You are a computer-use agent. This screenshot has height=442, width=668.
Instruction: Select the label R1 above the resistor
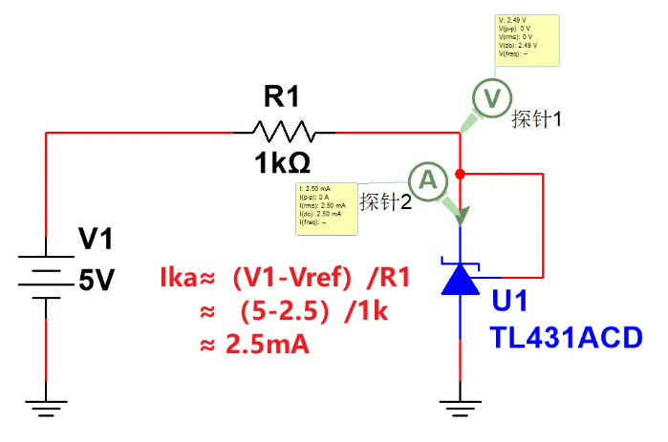[x=282, y=96]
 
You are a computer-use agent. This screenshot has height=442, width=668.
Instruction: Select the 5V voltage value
[x=97, y=282]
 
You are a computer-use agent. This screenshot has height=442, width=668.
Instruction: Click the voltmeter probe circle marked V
[x=490, y=96]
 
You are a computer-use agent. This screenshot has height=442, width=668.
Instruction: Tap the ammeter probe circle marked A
[x=428, y=178]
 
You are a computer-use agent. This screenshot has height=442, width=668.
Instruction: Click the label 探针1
[x=536, y=119]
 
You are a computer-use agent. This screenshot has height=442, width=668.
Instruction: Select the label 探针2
[x=386, y=202]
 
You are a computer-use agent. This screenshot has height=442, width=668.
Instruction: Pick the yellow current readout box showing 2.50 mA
[x=326, y=207]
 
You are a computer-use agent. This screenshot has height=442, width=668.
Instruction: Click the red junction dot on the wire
[x=461, y=174]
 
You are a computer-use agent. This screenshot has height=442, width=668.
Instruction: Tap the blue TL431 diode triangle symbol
[x=463, y=276]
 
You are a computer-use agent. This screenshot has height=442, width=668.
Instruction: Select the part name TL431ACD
[x=566, y=337]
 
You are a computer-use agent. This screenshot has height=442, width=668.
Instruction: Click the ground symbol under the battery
[x=46, y=408]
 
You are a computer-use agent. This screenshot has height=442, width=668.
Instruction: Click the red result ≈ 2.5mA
[x=255, y=345]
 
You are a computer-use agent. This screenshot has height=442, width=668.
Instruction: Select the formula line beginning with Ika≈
[x=286, y=279]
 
